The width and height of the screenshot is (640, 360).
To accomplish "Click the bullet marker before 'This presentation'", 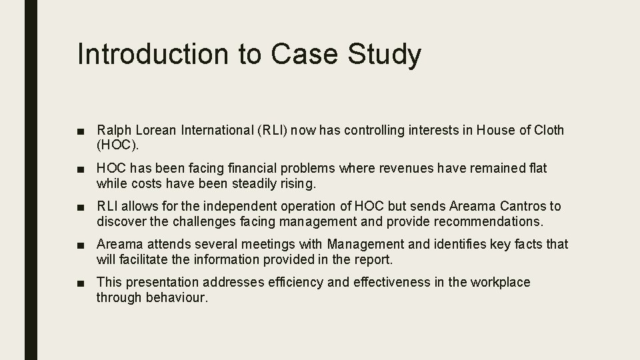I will [x=81, y=283].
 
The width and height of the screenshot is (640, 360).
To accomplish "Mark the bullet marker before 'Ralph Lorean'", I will [x=81, y=130].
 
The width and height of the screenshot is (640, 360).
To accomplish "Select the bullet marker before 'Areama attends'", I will [x=81, y=245].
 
